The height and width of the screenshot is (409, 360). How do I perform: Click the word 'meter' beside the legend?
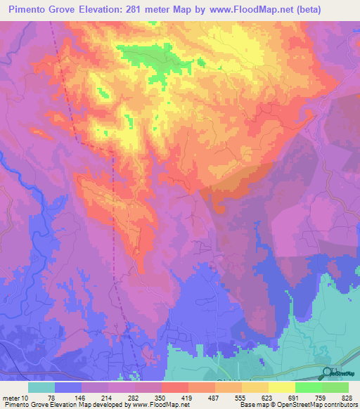(x=11, y=397)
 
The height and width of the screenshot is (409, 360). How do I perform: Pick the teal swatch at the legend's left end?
(x=41, y=387)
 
